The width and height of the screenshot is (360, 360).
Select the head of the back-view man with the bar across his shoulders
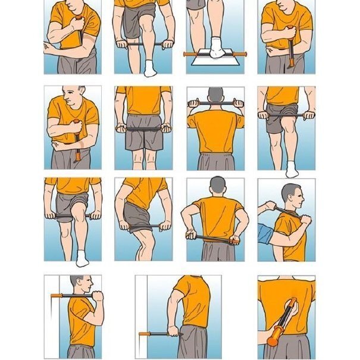pos(216,96)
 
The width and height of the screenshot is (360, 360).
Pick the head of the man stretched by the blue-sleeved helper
pos(290,193)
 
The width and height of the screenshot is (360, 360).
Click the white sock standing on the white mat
pos(217,48)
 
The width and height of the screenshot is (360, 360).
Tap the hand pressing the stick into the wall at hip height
pos(173,331)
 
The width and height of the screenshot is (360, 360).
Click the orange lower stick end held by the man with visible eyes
pos(77,158)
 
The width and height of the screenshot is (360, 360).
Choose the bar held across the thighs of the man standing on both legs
pos(143,127)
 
